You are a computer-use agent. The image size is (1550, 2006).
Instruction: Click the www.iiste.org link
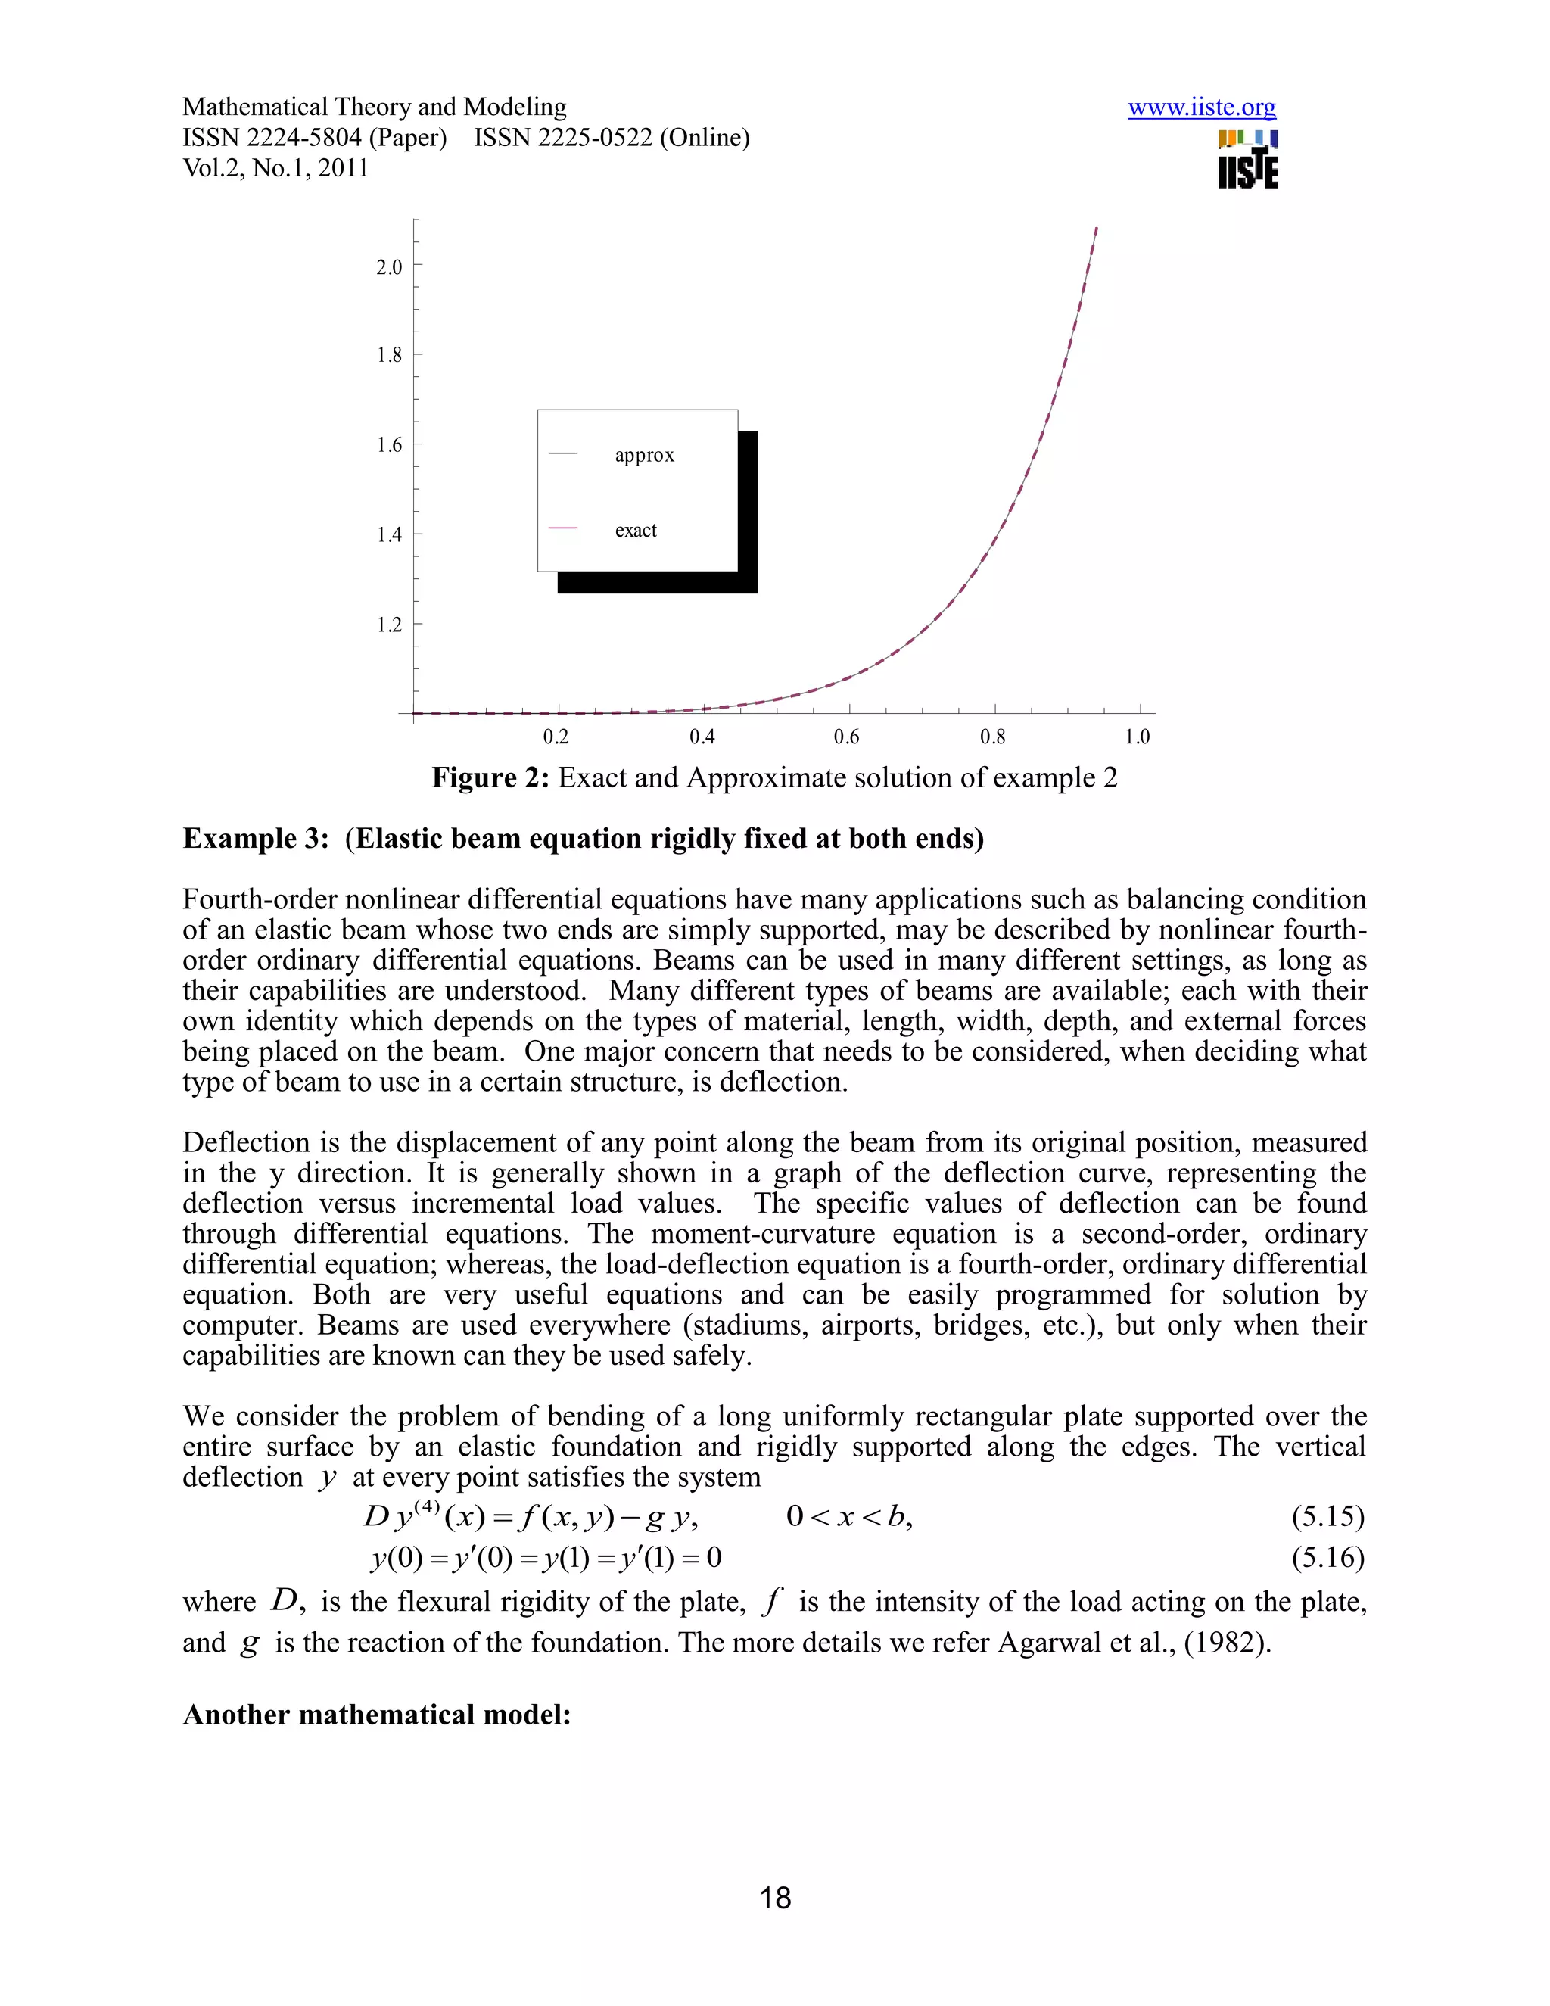(x=1201, y=108)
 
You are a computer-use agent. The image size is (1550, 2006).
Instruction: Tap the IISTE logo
(x=1247, y=160)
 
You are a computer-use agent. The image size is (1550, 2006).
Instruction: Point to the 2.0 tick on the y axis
(x=389, y=267)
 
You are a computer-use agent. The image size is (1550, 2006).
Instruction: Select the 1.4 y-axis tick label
(x=389, y=534)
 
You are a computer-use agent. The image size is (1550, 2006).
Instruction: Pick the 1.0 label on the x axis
(x=1137, y=737)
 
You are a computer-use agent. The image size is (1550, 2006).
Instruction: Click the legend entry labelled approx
(x=644, y=456)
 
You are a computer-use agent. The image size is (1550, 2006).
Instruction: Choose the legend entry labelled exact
(x=636, y=531)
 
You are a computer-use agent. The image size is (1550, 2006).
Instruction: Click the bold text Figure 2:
(x=490, y=778)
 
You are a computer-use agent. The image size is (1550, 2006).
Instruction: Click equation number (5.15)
(x=1327, y=1516)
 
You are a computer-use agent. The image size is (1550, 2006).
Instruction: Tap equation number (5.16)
(x=1327, y=1558)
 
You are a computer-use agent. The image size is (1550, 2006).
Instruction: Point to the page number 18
(x=775, y=1898)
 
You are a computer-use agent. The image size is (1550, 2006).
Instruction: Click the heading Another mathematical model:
(x=376, y=1715)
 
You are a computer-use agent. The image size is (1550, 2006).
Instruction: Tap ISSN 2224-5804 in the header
(x=314, y=138)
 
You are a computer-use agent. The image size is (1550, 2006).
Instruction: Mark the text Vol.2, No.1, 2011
(x=275, y=168)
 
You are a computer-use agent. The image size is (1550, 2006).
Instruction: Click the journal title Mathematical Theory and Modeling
(x=374, y=107)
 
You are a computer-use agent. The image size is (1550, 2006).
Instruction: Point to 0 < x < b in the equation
(x=848, y=1516)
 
